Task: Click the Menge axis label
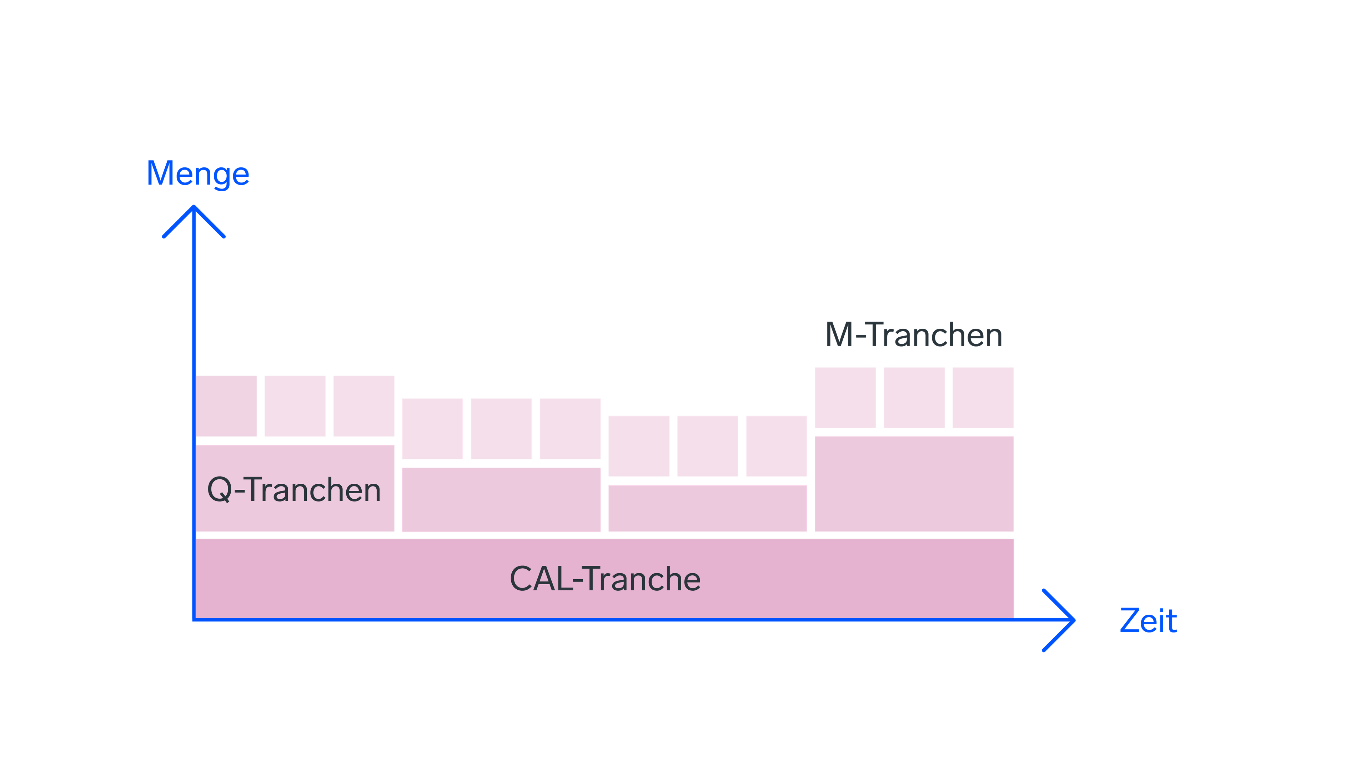tap(197, 174)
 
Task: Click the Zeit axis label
tap(1148, 621)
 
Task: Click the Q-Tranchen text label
tap(294, 489)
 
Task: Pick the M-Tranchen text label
tap(913, 335)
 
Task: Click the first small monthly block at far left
tap(226, 406)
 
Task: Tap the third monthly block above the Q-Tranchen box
tap(363, 406)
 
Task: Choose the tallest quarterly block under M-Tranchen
tap(913, 483)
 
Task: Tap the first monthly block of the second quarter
tap(432, 428)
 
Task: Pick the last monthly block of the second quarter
tap(569, 428)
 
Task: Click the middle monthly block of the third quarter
tap(707, 446)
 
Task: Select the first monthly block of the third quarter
tap(639, 446)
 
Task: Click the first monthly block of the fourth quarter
tap(845, 398)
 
